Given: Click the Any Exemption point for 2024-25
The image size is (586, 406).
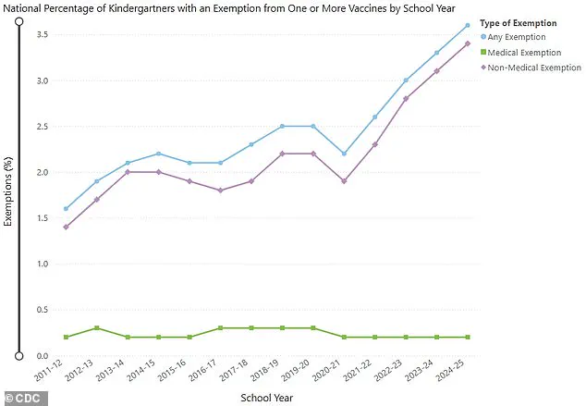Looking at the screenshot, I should (x=467, y=25).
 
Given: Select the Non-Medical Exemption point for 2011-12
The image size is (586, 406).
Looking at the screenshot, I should (x=66, y=227).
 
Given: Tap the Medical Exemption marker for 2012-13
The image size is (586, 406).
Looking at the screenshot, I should (x=96, y=328).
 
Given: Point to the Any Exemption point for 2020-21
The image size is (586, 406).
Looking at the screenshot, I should (x=344, y=154).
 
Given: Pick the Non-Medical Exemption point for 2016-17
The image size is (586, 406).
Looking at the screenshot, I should (x=220, y=191).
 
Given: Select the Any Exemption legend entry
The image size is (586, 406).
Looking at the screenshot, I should (x=519, y=38).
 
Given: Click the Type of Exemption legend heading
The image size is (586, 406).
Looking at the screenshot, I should (x=519, y=22).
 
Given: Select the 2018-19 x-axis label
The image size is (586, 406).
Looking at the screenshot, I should (x=271, y=374).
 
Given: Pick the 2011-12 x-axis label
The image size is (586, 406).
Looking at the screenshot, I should (x=55, y=374).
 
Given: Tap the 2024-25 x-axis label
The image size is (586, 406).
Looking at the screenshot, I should (x=457, y=374).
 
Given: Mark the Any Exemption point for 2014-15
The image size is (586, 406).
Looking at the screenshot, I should (x=158, y=154).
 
